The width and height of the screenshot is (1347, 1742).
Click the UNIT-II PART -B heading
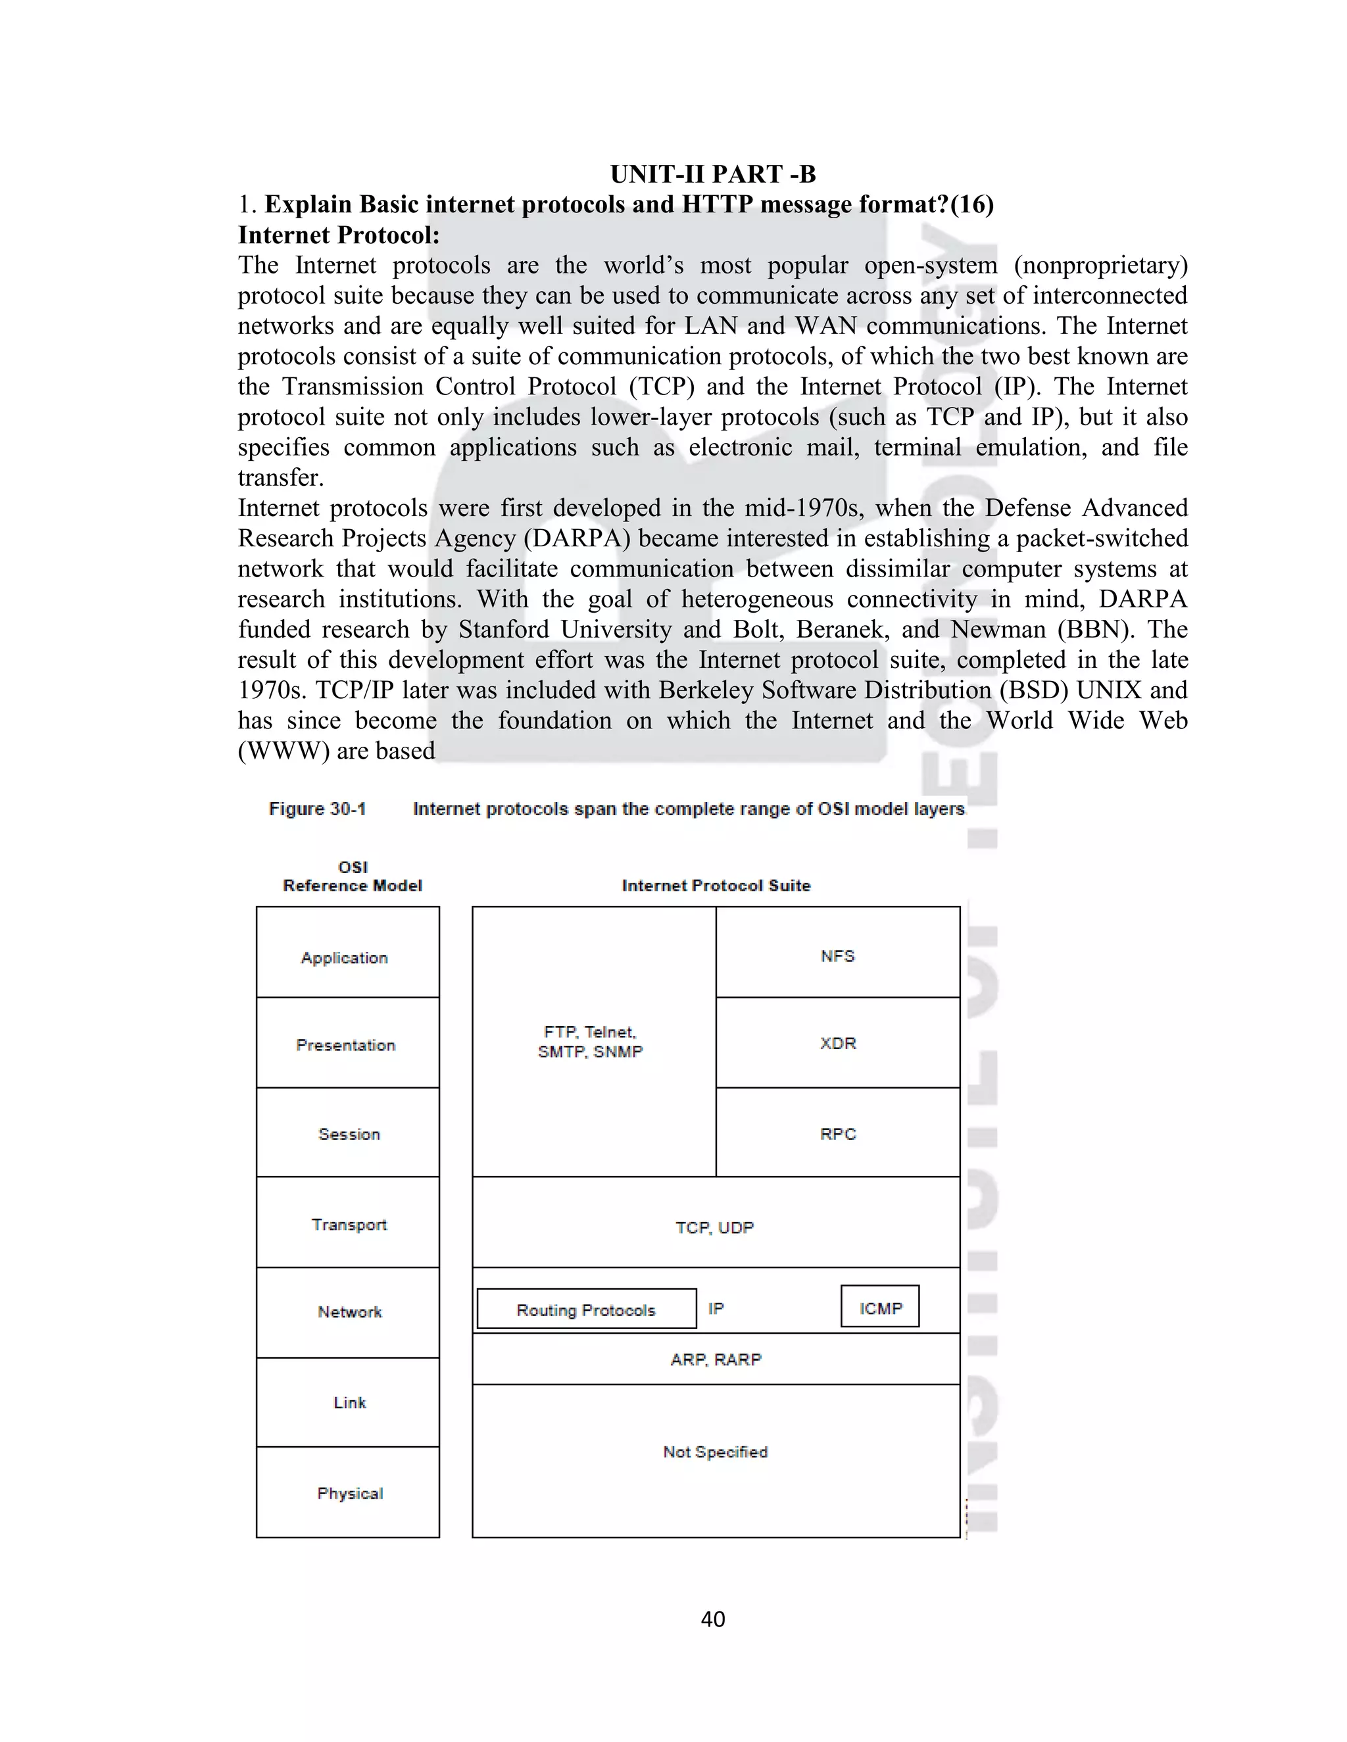[712, 174]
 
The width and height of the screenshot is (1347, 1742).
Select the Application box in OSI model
[347, 953]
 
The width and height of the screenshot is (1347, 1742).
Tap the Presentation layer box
[347, 1043]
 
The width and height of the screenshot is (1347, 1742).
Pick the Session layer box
[347, 1133]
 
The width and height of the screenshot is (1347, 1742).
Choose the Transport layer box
[347, 1223]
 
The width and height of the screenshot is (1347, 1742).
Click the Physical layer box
[347, 1492]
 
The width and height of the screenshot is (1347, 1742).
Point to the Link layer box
[347, 1402]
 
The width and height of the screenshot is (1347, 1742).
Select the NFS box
[838, 953]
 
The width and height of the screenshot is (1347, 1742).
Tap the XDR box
[838, 1043]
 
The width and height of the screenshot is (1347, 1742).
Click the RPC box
[838, 1133]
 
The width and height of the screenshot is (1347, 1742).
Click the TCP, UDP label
[715, 1227]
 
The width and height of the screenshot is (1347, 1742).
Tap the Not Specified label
[715, 1451]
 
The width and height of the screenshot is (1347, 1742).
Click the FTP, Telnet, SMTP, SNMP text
[591, 1042]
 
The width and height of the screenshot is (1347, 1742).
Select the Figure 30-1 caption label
[318, 809]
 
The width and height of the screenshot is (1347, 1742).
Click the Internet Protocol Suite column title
[716, 885]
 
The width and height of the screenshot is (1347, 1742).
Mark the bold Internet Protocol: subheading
[338, 235]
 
